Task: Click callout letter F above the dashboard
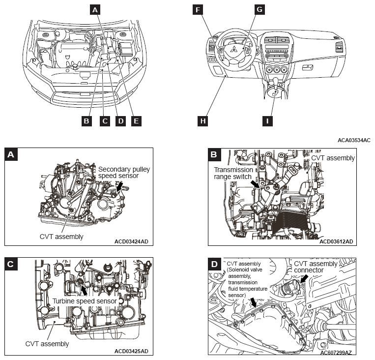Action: pos(198,9)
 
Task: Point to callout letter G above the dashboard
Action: pos(260,9)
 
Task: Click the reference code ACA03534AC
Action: pos(354,140)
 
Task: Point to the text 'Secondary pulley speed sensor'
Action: pos(124,172)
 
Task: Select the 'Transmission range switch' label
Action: pos(233,173)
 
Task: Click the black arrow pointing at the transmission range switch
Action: pos(255,183)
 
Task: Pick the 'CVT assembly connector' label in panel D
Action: pos(316,267)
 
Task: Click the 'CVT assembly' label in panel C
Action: pos(47,344)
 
